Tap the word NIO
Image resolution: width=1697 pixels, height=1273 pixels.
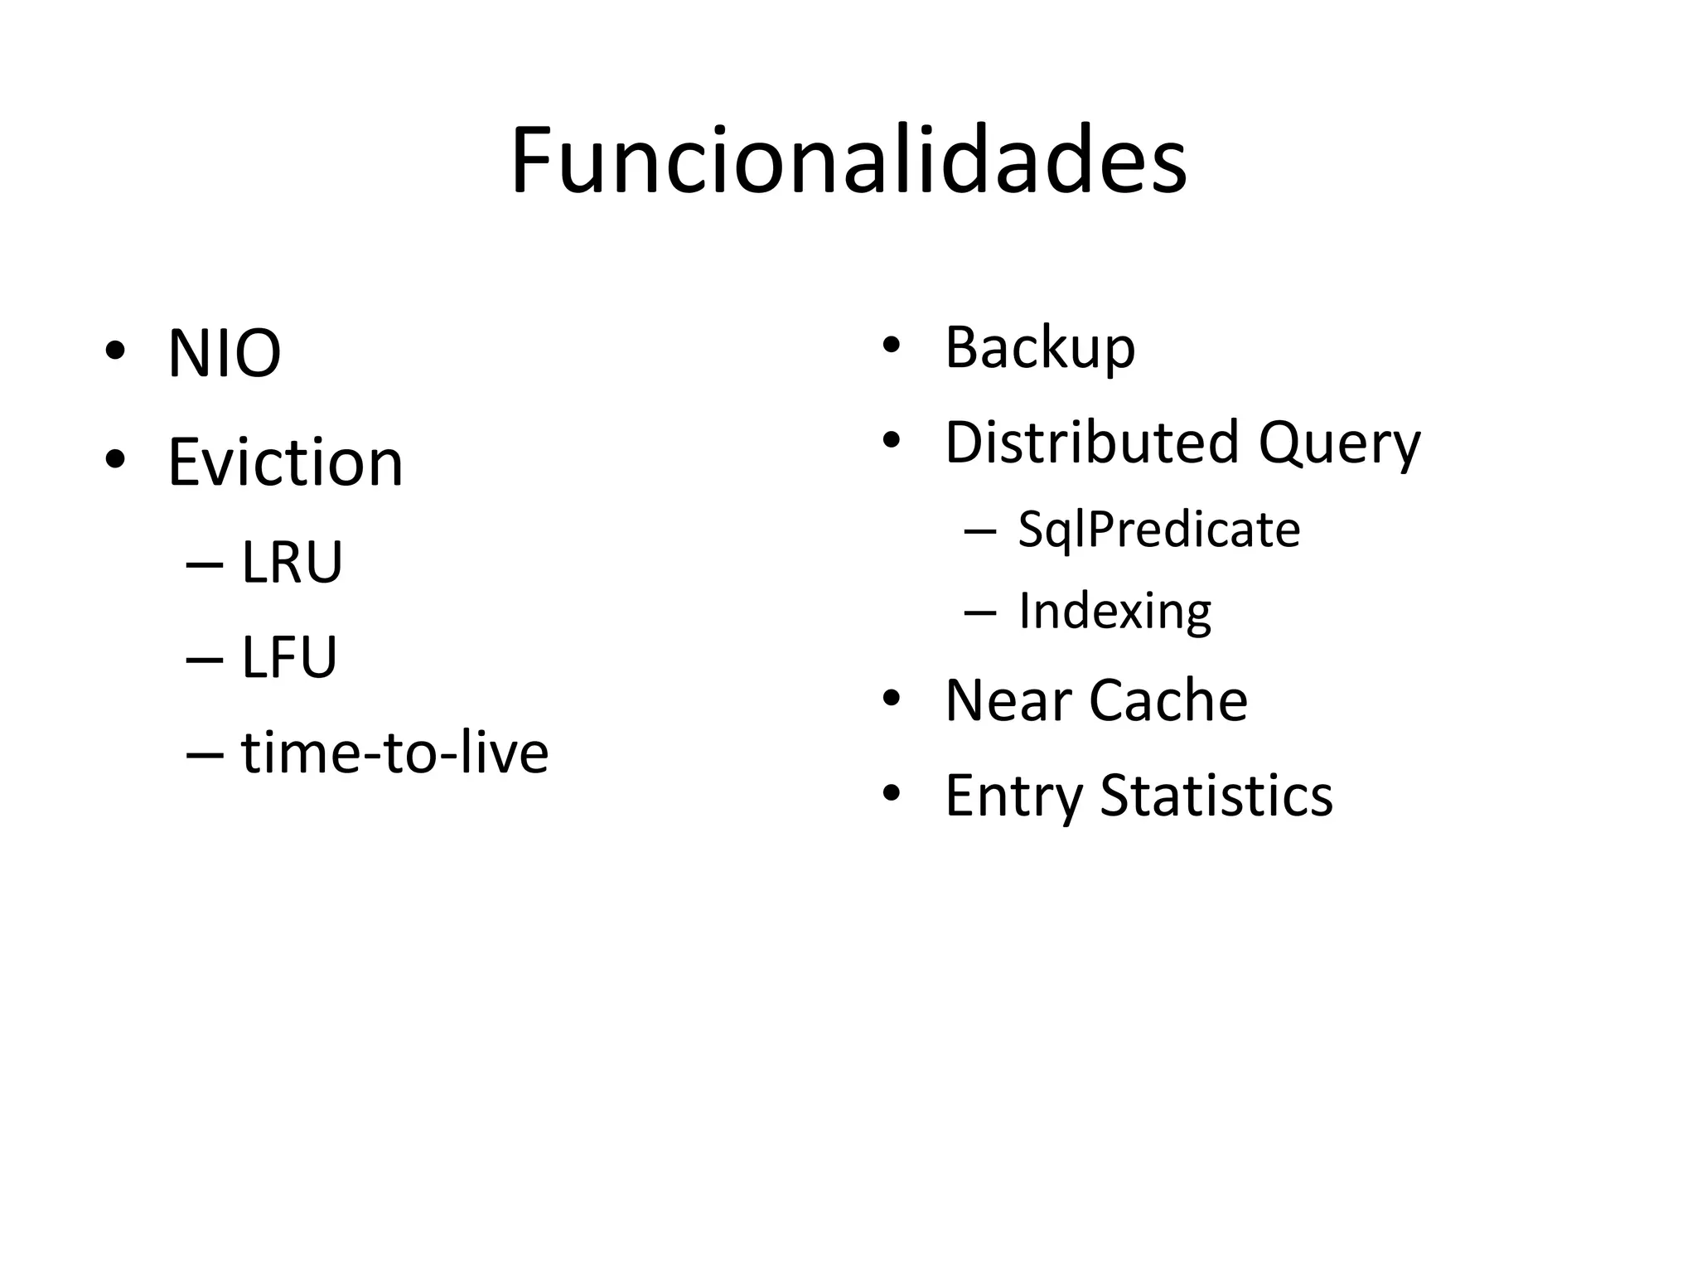[x=224, y=354]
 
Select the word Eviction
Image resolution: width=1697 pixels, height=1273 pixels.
[x=285, y=462]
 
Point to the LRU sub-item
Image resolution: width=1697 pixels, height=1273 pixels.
[x=292, y=563]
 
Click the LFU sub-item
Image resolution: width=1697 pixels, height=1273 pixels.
[x=289, y=658]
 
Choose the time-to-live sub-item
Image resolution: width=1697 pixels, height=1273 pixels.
[x=394, y=753]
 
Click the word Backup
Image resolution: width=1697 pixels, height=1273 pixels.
[x=1039, y=348]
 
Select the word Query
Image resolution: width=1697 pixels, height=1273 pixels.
[x=1339, y=443]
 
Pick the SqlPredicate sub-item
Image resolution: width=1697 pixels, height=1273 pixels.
[x=1158, y=530]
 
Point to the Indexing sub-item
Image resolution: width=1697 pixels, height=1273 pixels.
[x=1114, y=612]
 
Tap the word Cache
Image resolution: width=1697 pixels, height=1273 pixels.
[x=1168, y=701]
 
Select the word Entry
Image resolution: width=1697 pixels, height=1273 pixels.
[x=1013, y=796]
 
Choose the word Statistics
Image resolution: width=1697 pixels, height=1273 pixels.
[x=1216, y=796]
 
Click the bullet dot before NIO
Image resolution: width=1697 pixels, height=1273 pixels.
[x=115, y=351]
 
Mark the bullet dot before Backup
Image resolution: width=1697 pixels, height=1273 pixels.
[x=891, y=345]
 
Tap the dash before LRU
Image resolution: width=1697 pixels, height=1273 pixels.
[x=205, y=564]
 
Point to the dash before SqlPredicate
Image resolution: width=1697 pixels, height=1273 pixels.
[x=980, y=530]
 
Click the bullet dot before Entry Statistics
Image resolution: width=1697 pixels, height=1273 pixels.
[x=891, y=793]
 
